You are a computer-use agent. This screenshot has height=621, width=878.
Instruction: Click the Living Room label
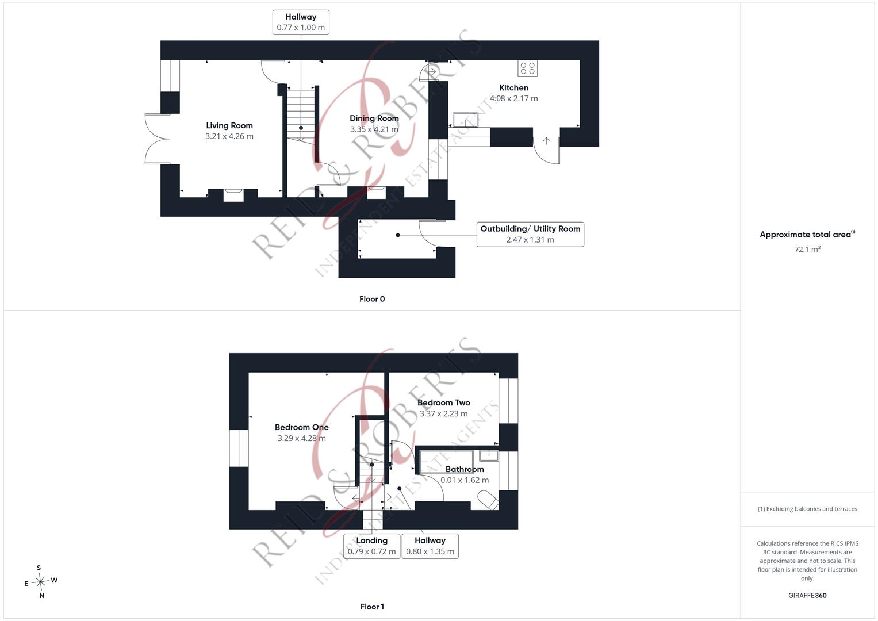229,125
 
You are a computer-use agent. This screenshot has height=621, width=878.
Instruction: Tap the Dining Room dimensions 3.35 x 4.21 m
374,129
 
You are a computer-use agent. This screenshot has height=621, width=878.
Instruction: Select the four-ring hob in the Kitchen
527,68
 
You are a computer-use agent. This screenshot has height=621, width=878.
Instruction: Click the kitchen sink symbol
465,120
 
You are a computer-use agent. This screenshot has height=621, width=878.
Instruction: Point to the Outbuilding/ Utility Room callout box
530,235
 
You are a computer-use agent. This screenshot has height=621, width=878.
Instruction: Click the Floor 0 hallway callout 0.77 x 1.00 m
301,22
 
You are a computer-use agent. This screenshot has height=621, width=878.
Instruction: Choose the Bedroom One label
301,427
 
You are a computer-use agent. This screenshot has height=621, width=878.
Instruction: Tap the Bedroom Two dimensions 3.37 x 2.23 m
443,413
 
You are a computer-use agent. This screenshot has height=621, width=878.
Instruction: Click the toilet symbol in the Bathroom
488,500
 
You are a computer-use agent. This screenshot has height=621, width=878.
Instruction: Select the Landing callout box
371,546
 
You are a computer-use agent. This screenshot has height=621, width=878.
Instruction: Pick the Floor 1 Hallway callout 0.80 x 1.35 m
430,546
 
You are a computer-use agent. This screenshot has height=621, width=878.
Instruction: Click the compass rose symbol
40,582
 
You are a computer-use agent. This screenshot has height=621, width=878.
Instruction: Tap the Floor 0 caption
372,299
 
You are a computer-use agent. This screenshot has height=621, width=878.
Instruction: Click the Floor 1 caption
372,607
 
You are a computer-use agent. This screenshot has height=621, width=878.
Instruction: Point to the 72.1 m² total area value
807,249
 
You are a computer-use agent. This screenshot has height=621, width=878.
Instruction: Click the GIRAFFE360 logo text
807,596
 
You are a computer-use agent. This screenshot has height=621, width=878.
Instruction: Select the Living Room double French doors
158,139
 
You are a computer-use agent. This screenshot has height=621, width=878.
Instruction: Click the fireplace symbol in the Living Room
233,195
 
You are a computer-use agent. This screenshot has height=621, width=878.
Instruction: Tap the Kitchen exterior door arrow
546,140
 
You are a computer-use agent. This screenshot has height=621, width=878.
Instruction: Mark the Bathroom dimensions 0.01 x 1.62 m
465,480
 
